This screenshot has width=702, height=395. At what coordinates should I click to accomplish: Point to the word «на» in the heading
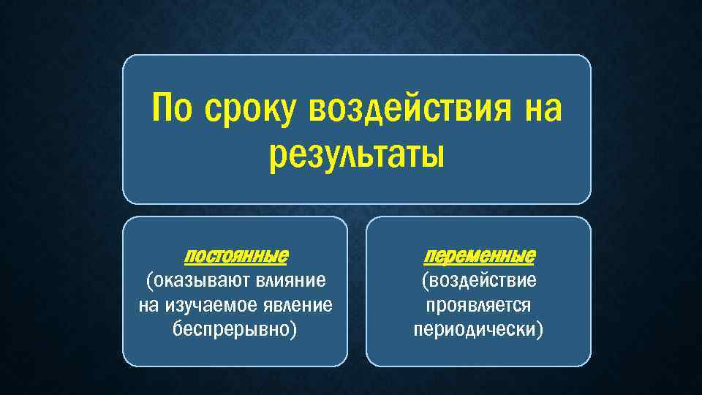pyautogui.click(x=541, y=110)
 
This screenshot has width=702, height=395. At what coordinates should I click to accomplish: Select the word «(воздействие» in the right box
pyautogui.click(x=479, y=280)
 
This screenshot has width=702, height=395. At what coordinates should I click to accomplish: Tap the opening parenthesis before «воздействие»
pyautogui.click(x=425, y=281)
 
